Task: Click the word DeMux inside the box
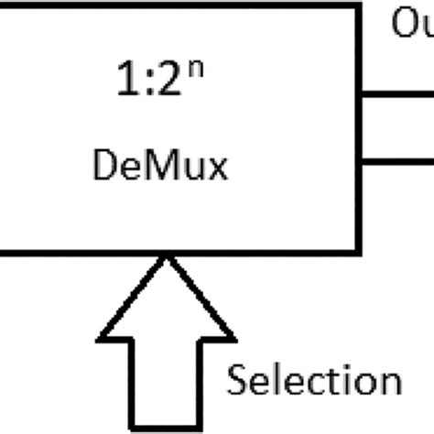coord(161,168)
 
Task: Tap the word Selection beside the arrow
coord(314,381)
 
